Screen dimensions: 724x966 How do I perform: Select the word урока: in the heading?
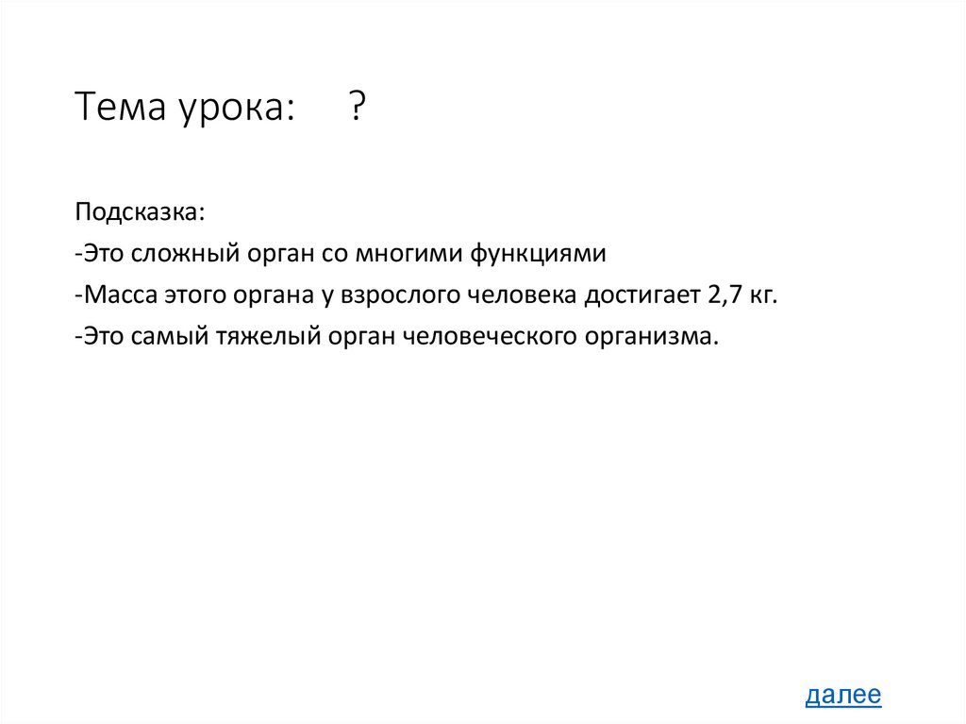coord(232,109)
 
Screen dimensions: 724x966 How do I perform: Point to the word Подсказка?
coord(140,211)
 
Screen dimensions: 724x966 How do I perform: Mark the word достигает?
coord(640,295)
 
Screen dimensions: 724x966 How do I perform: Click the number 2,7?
coord(721,295)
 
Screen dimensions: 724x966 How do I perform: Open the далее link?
coord(843,696)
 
